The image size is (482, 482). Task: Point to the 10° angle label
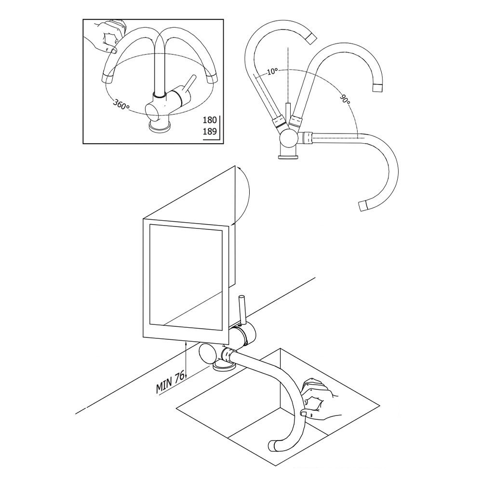[x=272, y=71]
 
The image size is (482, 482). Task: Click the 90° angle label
[x=345, y=100]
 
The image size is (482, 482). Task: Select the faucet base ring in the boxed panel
[x=160, y=127]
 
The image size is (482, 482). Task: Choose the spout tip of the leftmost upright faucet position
[x=309, y=37]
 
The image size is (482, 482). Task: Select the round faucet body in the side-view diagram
[x=289, y=140]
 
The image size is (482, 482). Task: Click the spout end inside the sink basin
[x=272, y=446]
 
